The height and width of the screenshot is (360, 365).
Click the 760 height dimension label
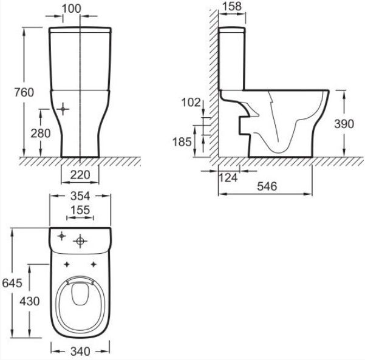(x=24, y=92)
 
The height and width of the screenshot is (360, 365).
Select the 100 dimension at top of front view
(x=72, y=8)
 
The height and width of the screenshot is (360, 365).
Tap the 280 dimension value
(x=41, y=134)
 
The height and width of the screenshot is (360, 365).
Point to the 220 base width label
(x=80, y=175)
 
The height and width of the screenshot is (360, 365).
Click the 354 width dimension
(x=80, y=196)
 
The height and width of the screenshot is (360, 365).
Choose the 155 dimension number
(x=80, y=210)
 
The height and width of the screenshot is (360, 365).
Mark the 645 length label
(x=12, y=283)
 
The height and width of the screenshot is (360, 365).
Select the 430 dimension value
(x=30, y=301)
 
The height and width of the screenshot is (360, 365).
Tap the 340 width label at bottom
(x=80, y=351)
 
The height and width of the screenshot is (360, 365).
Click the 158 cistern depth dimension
(x=232, y=6)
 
